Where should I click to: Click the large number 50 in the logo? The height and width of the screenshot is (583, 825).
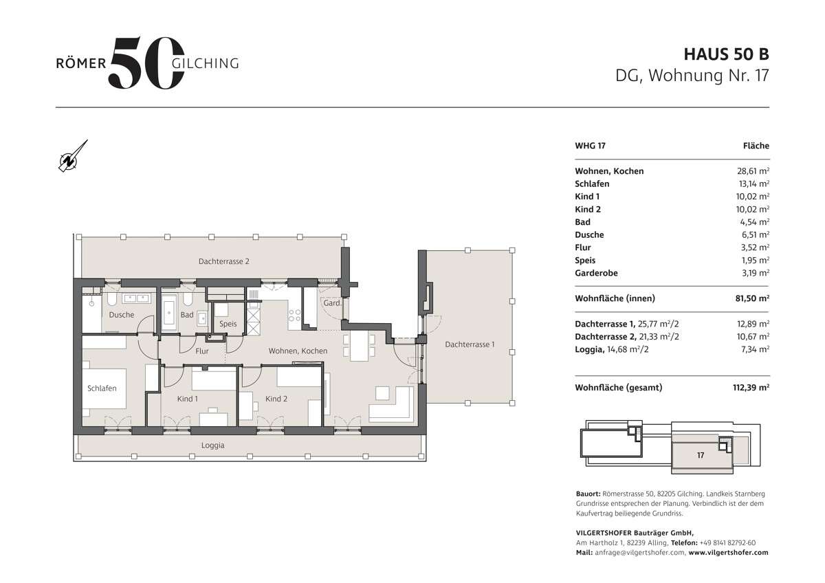pos(146,63)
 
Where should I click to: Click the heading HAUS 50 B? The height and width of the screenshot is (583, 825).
pos(726,54)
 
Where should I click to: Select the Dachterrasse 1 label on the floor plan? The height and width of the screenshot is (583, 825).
pos(469,344)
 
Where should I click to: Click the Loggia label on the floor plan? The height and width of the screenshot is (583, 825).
pos(212,445)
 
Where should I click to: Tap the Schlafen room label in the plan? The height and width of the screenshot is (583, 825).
pos(102,388)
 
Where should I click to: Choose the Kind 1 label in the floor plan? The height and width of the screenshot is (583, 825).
pos(187,399)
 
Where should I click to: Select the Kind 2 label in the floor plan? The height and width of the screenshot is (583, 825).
pos(276,399)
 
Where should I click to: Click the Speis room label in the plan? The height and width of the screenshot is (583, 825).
pos(228,324)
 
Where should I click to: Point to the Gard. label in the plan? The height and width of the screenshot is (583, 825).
pos(333,303)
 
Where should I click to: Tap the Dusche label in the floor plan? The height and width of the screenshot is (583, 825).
pos(121,316)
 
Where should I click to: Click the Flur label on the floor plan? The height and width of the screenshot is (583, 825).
pos(201,351)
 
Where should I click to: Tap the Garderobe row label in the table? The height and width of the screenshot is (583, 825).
pos(596,273)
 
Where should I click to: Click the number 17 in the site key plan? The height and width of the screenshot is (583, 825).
pos(701,455)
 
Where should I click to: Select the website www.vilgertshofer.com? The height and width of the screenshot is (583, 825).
pos(728,552)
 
